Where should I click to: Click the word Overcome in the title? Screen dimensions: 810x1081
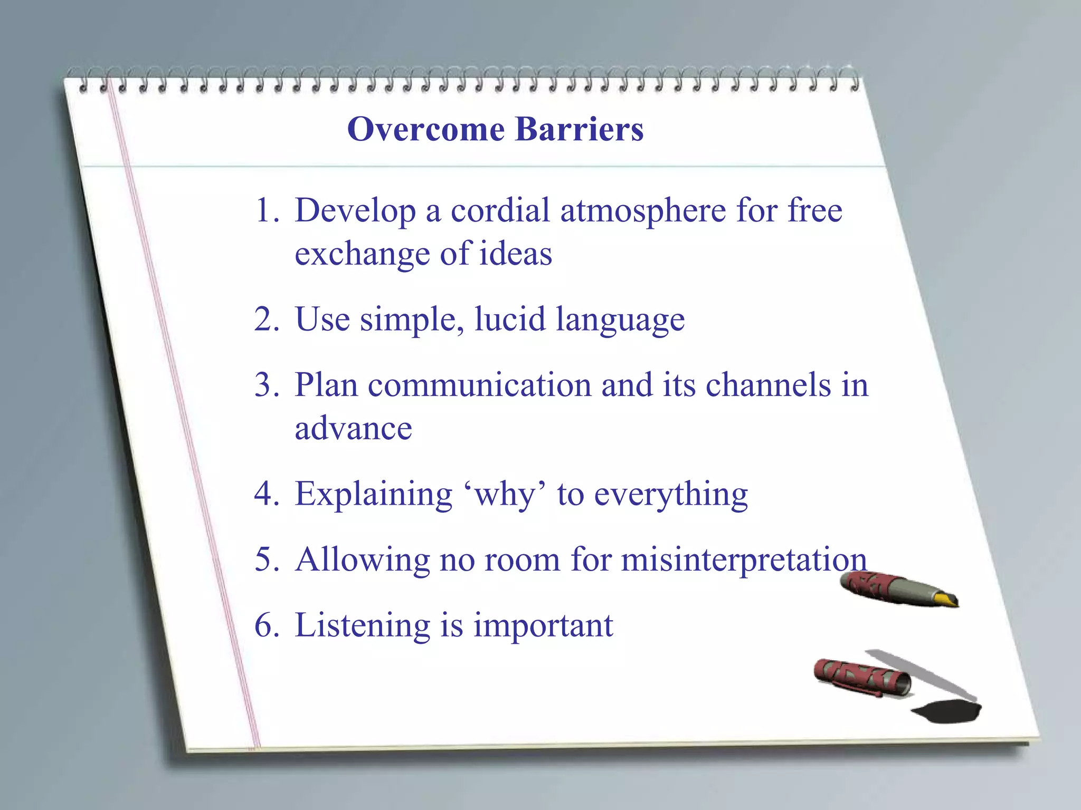[425, 129]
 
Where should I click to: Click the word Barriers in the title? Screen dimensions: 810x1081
[579, 129]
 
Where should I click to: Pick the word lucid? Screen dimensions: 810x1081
[510, 319]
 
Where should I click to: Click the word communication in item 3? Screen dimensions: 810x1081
[479, 385]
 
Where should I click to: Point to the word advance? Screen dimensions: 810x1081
[353, 428]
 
